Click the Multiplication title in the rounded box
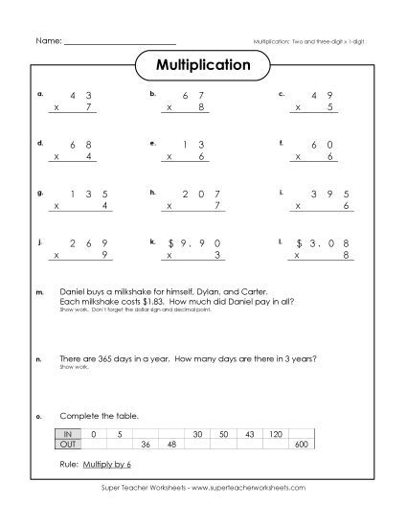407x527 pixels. [x=203, y=66]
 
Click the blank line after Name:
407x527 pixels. [x=120, y=42]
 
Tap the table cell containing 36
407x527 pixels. [x=147, y=445]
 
